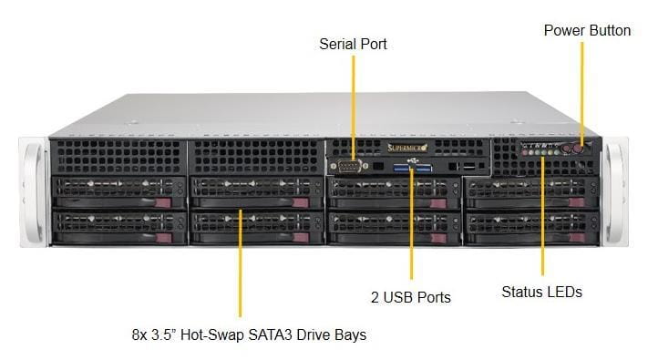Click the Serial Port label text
pyautogui.click(x=353, y=45)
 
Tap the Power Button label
pyautogui.click(x=587, y=30)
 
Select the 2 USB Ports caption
pyautogui.click(x=411, y=297)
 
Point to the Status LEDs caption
pyautogui.click(x=541, y=292)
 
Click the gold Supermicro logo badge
pyautogui.click(x=407, y=148)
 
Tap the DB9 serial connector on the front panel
pyautogui.click(x=349, y=166)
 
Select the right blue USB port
pyautogui.click(x=424, y=168)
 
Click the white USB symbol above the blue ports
pyautogui.click(x=413, y=160)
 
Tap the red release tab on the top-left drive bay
pyautogui.click(x=163, y=202)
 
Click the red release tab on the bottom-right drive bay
pyautogui.click(x=577, y=237)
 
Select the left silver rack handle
pyautogui.click(x=32, y=192)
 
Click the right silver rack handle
pyautogui.click(x=615, y=192)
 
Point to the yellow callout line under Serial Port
pyautogui.click(x=354, y=108)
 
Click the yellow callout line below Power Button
pyautogui.click(x=582, y=93)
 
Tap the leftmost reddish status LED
pyautogui.click(x=525, y=152)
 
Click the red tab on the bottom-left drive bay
pyautogui.click(x=163, y=238)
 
